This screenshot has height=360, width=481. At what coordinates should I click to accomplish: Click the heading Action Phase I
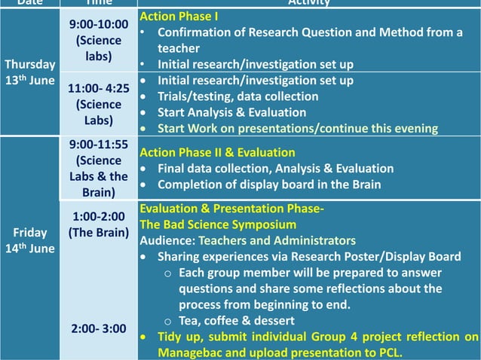point(179,16)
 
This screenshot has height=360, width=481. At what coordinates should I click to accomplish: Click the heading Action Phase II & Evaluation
point(218,152)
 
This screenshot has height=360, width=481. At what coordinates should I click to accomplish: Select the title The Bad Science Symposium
point(219,224)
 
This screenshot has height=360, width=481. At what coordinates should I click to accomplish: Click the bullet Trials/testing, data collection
point(237,96)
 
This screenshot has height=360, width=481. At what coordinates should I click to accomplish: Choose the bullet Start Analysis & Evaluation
point(231,112)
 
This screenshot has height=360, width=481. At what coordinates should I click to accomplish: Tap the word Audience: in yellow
point(167,240)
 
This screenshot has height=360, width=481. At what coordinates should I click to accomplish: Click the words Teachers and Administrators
point(276,240)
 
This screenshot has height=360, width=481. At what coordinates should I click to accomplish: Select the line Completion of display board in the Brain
point(270,185)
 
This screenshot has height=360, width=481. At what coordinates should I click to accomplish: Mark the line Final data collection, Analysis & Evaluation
point(275,169)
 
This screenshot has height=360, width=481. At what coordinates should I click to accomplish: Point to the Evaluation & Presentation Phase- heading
point(232,209)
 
